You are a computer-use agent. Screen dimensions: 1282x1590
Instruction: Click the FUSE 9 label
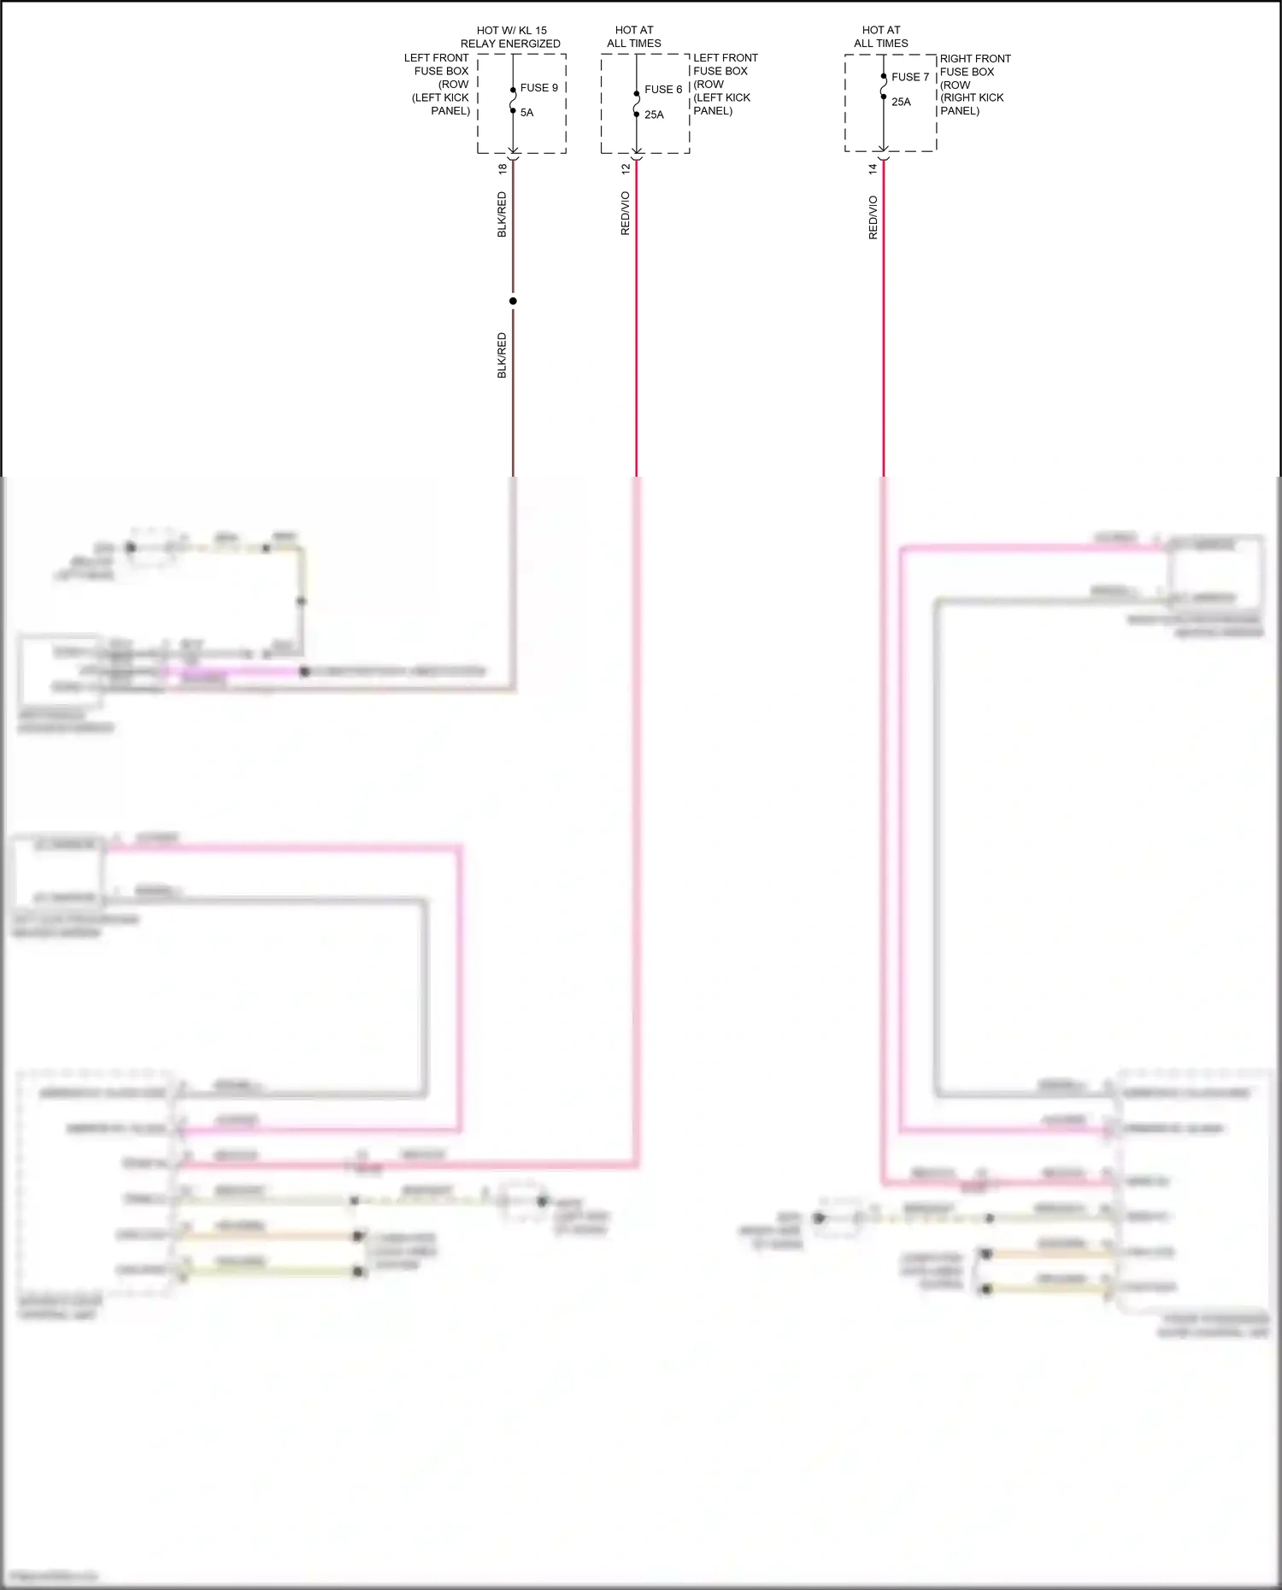click(x=538, y=88)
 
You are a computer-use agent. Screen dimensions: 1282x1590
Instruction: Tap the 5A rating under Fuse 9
click(x=526, y=113)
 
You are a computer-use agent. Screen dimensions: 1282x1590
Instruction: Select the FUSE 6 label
click(x=663, y=90)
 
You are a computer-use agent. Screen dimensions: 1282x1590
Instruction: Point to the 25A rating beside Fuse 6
click(x=654, y=114)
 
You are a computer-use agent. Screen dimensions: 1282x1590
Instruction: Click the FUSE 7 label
click(x=909, y=77)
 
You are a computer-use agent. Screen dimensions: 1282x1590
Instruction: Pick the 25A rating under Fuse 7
click(x=901, y=102)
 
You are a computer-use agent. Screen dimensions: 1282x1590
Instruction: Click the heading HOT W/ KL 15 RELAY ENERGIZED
click(x=510, y=37)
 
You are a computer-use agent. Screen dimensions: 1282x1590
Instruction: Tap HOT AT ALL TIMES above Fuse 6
click(x=634, y=37)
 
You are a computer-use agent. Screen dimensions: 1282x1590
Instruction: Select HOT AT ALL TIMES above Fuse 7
click(x=881, y=37)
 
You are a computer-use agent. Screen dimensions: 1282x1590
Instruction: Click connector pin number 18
click(x=503, y=169)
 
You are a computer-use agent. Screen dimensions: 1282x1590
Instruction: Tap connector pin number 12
click(x=626, y=169)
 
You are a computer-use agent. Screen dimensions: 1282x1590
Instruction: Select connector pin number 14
click(x=873, y=169)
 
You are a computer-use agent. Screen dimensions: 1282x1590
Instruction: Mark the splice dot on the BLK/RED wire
click(x=513, y=301)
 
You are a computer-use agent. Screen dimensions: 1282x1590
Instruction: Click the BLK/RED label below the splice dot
click(x=503, y=355)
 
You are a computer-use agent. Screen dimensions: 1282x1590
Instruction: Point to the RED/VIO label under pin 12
click(x=626, y=214)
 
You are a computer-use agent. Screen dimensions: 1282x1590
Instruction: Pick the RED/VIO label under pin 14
click(x=873, y=218)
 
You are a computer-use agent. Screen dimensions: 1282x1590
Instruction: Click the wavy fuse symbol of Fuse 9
click(x=513, y=100)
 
